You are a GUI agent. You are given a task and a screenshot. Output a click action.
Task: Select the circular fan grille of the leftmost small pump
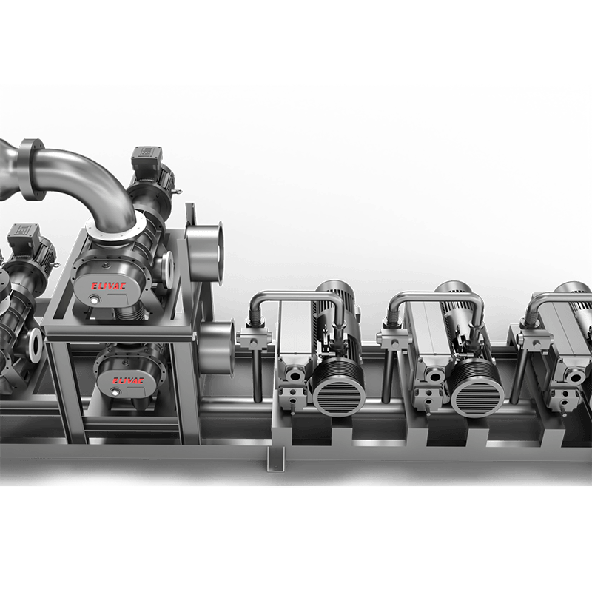click(337, 389)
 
